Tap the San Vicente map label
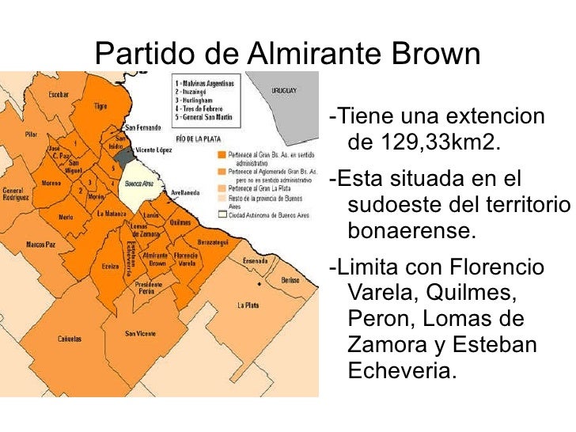click(140, 333)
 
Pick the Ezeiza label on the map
click(110, 267)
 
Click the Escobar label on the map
click(59, 95)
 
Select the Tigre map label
click(100, 104)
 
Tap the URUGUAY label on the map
click(284, 91)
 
